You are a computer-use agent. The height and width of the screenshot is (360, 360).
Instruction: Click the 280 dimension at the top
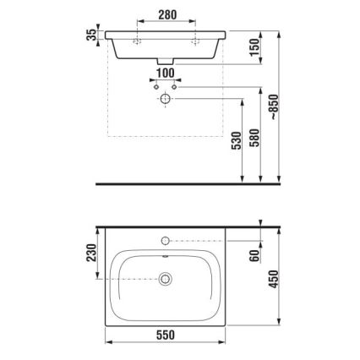click(166, 14)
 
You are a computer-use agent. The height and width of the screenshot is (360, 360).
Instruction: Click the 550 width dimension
click(165, 335)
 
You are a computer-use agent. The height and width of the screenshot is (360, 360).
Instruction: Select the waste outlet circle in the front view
click(166, 100)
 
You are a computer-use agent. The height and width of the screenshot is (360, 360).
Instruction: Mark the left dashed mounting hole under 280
click(136, 40)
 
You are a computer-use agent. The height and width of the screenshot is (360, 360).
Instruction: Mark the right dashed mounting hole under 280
click(195, 40)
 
